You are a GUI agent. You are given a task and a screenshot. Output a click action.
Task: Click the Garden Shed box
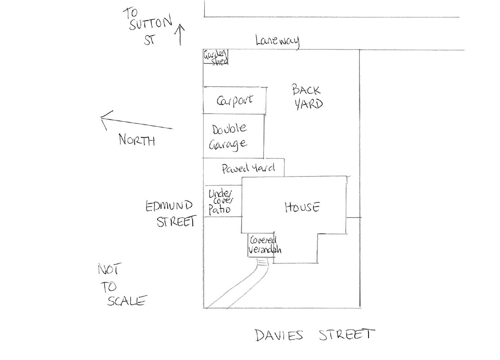216,57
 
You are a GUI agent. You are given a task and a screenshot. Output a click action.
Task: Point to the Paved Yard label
248,168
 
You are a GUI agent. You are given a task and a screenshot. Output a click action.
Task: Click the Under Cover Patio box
223,201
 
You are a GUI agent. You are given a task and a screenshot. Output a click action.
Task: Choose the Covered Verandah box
262,245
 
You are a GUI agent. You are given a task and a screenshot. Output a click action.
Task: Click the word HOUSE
302,207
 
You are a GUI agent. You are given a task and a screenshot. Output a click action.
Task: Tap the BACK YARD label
307,97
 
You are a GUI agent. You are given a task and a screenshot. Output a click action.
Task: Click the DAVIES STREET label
315,335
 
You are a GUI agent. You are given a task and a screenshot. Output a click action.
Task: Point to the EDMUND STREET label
171,214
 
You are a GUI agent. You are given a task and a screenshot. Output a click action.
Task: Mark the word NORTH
137,140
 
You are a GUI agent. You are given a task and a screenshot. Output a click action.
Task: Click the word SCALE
127,301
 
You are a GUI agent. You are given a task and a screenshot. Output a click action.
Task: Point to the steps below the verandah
263,262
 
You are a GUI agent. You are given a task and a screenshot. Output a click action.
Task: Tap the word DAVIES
279,335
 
